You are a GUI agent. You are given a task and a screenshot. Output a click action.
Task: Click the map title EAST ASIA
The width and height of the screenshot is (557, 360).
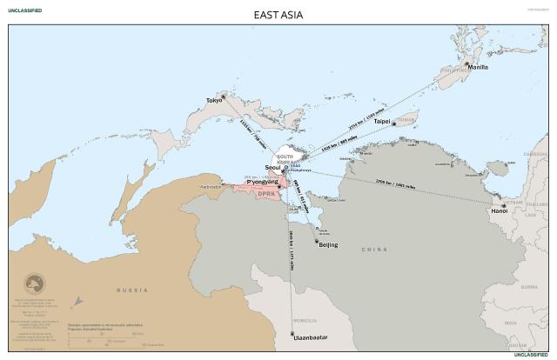[x=278, y=15]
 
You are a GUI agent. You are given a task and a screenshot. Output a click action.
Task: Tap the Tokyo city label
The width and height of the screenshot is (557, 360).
[x=214, y=100]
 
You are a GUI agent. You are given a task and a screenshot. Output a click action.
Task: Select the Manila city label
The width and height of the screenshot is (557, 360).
[x=477, y=67]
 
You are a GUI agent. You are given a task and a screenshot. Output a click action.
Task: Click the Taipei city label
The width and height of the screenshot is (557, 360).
[x=382, y=122]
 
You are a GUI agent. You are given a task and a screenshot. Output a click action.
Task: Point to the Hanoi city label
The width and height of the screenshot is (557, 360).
[x=499, y=210]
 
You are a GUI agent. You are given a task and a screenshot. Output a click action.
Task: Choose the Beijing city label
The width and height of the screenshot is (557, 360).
[x=328, y=245]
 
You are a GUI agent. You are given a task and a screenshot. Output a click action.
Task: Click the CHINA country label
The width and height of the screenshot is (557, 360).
[x=374, y=250]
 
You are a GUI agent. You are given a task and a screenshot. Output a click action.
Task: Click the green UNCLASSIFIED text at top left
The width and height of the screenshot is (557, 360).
[x=24, y=10]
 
